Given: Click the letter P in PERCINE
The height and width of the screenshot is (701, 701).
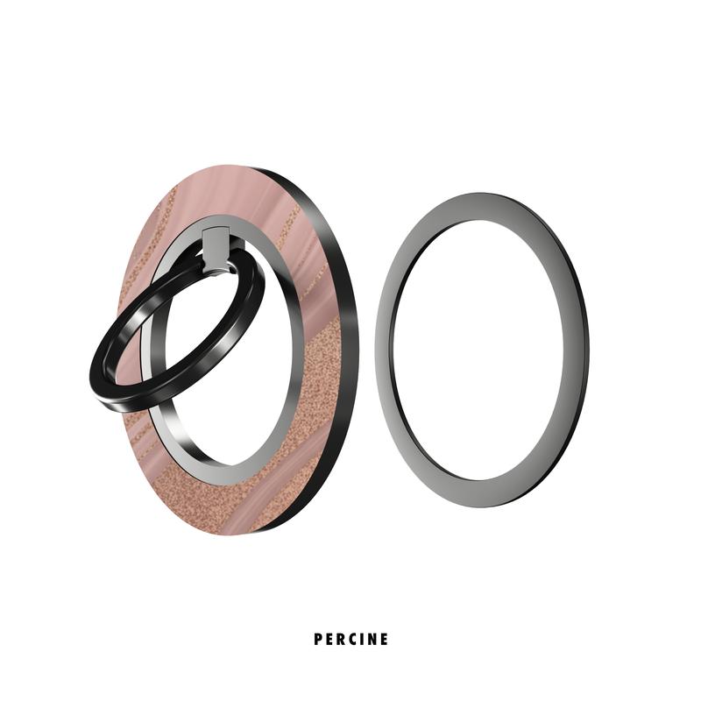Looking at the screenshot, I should click(x=317, y=640).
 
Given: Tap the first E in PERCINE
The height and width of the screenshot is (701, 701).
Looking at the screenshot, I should click(x=329, y=640).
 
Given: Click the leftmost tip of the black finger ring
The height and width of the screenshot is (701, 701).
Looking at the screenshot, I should click(x=90, y=372).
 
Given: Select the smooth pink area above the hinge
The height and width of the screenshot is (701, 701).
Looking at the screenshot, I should click(x=219, y=193).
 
